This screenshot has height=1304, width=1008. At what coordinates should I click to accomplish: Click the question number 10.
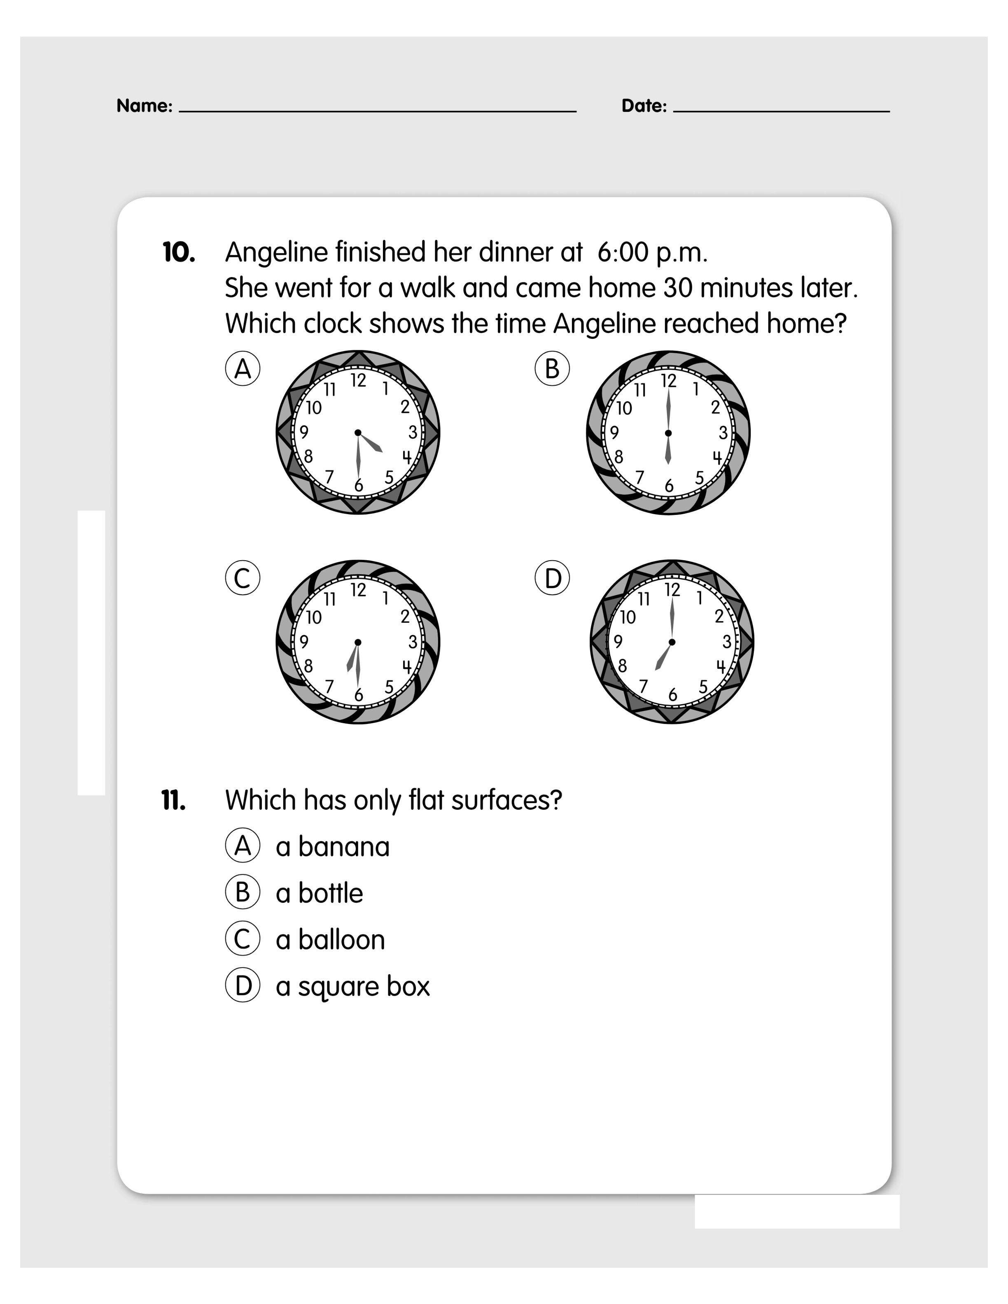tap(179, 253)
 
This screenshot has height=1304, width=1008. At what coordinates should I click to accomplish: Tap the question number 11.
tap(173, 800)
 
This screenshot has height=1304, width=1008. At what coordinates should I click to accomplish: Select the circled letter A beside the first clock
tap(243, 368)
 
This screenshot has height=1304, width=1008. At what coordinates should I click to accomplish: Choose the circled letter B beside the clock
tap(552, 368)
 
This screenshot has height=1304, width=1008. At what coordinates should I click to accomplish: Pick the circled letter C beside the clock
tap(243, 578)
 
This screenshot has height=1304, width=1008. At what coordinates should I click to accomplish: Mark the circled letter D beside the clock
tap(552, 578)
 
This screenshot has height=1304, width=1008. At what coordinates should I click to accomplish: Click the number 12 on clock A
tap(358, 380)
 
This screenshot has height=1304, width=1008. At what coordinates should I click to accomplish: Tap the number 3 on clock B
tap(723, 432)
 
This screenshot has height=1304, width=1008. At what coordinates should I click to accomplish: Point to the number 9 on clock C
tap(304, 642)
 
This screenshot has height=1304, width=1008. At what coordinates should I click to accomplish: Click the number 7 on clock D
tap(643, 686)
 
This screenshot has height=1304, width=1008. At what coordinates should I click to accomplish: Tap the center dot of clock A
tap(358, 432)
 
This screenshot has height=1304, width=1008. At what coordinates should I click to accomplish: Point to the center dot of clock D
tap(672, 642)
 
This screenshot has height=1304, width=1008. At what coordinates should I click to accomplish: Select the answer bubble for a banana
tap(243, 846)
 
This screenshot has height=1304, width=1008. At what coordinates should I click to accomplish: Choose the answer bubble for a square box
tap(243, 986)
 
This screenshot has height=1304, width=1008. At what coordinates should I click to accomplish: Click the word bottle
tap(331, 893)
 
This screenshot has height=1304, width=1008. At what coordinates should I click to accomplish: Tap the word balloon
tap(342, 940)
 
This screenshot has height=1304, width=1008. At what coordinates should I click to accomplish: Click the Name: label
tap(145, 106)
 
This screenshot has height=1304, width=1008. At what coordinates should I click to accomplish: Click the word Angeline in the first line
tap(276, 253)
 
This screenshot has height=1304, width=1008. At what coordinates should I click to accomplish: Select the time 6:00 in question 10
tap(623, 253)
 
